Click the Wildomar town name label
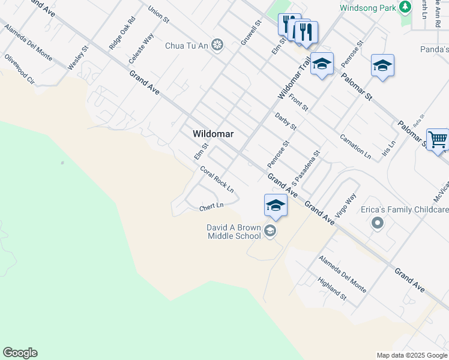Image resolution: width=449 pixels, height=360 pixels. pos(212,133)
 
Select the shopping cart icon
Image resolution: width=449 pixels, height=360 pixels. pos(438,140)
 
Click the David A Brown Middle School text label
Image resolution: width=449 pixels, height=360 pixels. pos(234,232)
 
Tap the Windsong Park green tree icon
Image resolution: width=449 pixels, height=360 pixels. pos(406,8)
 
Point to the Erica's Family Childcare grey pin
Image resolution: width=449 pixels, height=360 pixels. pos(377,223)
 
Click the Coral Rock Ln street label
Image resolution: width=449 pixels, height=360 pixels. pos(217,178)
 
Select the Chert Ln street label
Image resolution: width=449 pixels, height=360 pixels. pos(211,206)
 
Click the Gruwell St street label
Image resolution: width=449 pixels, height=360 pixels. pos(252,34)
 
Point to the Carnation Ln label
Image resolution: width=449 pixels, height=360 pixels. pos(355,146)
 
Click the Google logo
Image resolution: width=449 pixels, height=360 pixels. pos(20,353)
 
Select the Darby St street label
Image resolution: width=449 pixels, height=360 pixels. pos(286,121)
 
